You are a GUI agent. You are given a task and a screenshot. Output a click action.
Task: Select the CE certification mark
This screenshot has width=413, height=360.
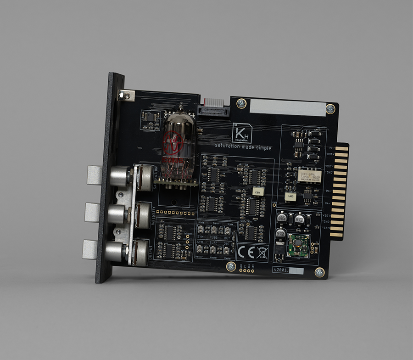click(x=246, y=251)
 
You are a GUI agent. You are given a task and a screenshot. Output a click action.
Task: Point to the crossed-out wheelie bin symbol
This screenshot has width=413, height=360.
click(x=262, y=251)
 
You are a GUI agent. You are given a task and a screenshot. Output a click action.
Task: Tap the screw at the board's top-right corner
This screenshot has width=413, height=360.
click(x=330, y=109)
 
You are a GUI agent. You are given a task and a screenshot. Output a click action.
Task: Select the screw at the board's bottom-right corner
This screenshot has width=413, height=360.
click(x=319, y=272)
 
